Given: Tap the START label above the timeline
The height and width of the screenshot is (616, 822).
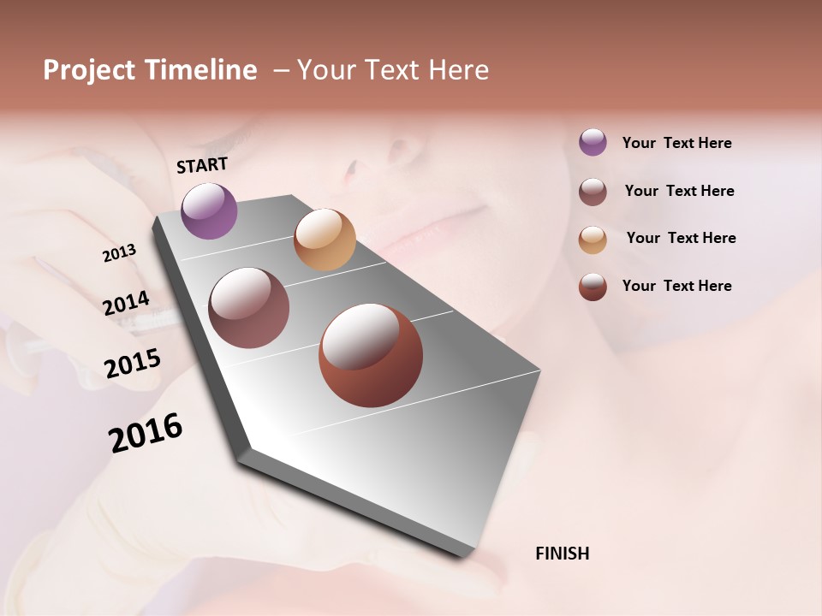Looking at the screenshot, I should pyautogui.click(x=202, y=165).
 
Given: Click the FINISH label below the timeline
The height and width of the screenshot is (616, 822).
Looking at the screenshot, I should pyautogui.click(x=562, y=554).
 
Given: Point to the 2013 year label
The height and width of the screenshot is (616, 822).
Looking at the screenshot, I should pyautogui.click(x=119, y=253).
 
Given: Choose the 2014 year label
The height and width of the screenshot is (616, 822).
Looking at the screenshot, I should pyautogui.click(x=126, y=304).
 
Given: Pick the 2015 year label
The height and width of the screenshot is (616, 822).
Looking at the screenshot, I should pyautogui.click(x=133, y=364).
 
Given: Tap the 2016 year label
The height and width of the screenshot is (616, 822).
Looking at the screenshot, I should pyautogui.click(x=146, y=432).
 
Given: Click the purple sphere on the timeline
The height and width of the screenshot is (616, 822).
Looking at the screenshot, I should pyautogui.click(x=209, y=210).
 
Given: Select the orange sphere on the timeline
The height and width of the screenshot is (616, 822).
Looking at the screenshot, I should pyautogui.click(x=325, y=240).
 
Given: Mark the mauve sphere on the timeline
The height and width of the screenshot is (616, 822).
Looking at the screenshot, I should pyautogui.click(x=248, y=308).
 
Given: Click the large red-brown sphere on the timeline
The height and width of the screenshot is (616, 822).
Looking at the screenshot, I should pyautogui.click(x=371, y=355).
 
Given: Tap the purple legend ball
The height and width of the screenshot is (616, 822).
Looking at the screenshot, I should pyautogui.click(x=593, y=143).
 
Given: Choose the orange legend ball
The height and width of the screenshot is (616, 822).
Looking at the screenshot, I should pyautogui.click(x=593, y=239).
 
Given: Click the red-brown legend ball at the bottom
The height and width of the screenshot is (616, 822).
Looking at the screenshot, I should pyautogui.click(x=593, y=287).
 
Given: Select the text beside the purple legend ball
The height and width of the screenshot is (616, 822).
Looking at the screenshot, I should pyautogui.click(x=676, y=143).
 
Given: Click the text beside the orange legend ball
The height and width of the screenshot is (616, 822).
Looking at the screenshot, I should pyautogui.click(x=681, y=238).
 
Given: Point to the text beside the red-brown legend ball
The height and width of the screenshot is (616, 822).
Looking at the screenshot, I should pyautogui.click(x=676, y=286).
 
